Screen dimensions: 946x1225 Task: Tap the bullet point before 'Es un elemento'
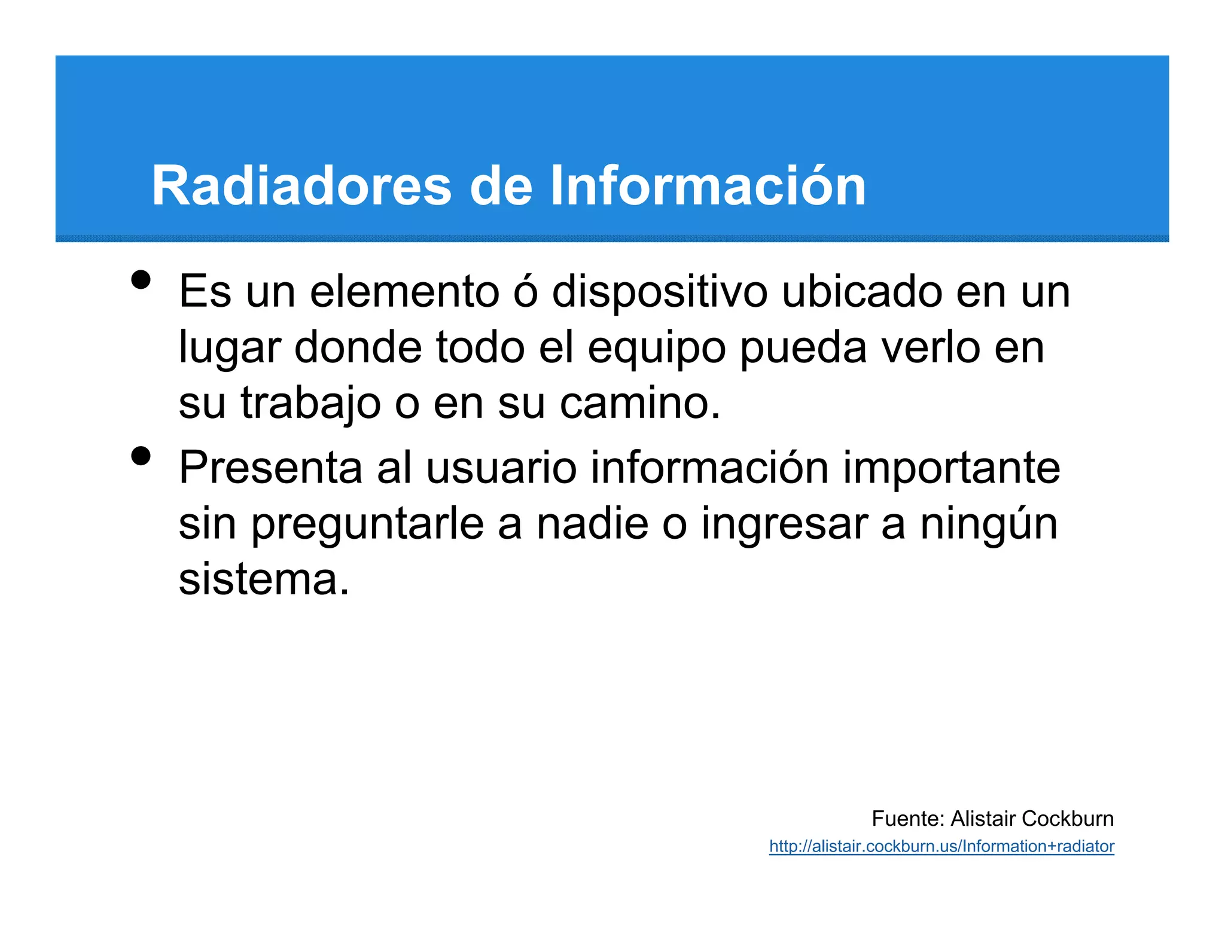tap(141, 280)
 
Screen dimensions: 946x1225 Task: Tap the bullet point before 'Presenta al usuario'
tap(141, 456)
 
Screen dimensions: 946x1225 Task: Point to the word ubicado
tap(861, 292)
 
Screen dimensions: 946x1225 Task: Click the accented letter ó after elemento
tap(525, 292)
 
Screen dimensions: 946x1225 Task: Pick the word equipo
tap(656, 348)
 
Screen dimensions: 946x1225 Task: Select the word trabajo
tap(310, 404)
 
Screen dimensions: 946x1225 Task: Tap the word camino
tap(640, 404)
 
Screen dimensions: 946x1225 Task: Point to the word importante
tap(951, 468)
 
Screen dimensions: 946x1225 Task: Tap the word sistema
tap(263, 579)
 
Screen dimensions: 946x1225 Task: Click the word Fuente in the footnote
tap(907, 819)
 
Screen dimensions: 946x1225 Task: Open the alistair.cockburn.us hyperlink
tap(941, 847)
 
